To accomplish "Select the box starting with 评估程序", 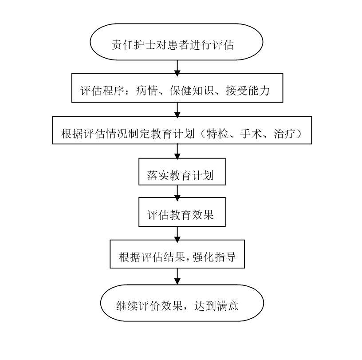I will [177, 88].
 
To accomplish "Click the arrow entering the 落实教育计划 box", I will [177, 152].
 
